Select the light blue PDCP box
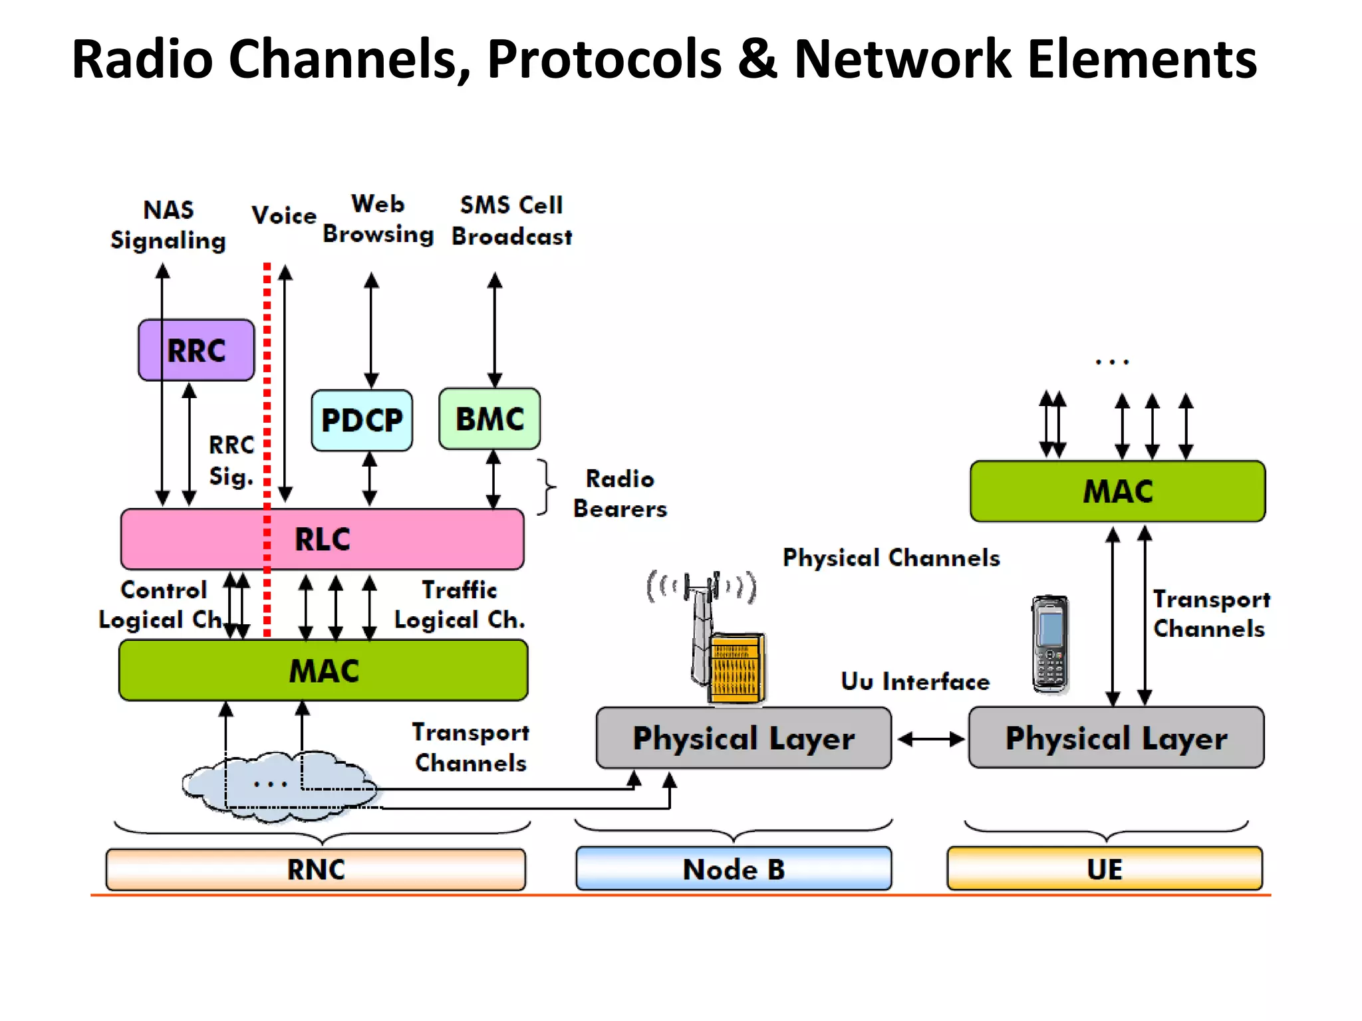click(362, 420)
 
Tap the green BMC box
click(489, 419)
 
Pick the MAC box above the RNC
click(323, 670)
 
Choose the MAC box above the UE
click(1117, 491)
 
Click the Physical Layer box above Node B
click(744, 738)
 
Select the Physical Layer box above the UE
click(1116, 738)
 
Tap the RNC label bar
click(316, 869)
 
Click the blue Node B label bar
click(734, 869)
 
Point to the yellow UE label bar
click(1104, 869)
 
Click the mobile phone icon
click(1050, 643)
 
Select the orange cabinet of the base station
click(736, 668)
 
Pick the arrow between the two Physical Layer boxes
click(930, 739)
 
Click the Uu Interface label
click(915, 681)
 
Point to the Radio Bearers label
click(620, 494)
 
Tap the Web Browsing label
click(378, 219)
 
